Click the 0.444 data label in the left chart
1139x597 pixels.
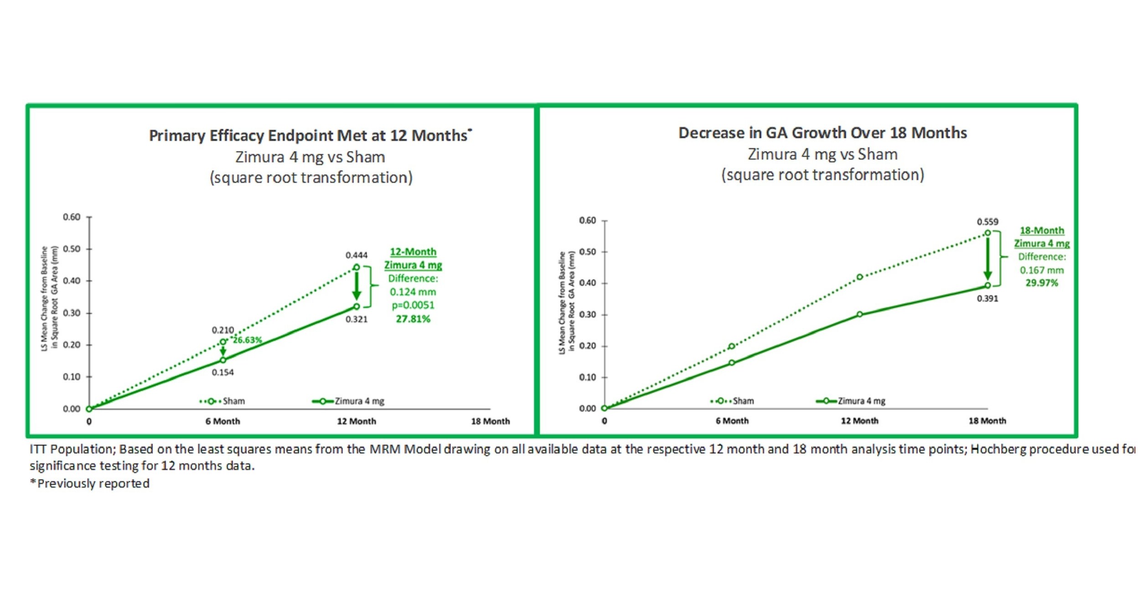click(356, 255)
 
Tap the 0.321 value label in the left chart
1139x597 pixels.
click(356, 319)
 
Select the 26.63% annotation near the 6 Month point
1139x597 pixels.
click(248, 340)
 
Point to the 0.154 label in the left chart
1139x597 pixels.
click(223, 373)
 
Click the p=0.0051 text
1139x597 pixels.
click(413, 305)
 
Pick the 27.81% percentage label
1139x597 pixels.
click(413, 319)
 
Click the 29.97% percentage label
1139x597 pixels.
click(1041, 283)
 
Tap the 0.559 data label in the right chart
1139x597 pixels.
click(987, 222)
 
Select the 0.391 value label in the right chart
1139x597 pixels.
click(987, 299)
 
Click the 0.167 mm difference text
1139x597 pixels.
click(1041, 270)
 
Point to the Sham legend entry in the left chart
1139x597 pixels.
click(223, 401)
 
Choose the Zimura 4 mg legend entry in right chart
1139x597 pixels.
click(852, 401)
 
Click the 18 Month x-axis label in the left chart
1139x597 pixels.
click(490, 421)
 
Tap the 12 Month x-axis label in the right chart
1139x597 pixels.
click(859, 421)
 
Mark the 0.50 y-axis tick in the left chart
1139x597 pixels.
click(72, 249)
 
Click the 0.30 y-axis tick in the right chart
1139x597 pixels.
click(587, 315)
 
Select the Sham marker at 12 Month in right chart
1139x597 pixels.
click(859, 277)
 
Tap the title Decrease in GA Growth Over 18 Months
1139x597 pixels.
click(822, 133)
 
